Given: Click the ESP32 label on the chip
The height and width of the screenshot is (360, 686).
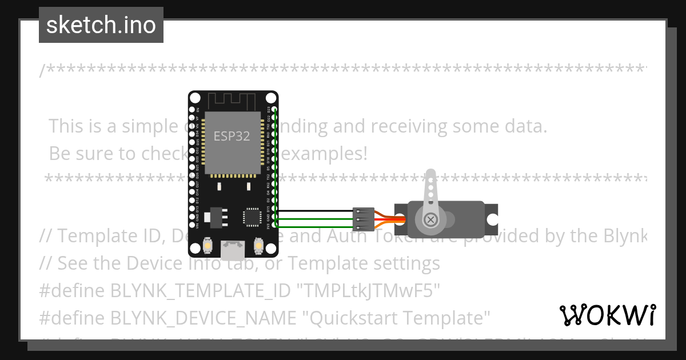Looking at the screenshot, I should coord(224,136).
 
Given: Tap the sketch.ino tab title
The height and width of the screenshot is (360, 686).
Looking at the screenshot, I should coord(101,25).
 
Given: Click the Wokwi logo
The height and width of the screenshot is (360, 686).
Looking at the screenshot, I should coord(607,315).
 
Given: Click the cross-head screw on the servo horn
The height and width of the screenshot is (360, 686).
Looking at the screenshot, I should coord(431,219).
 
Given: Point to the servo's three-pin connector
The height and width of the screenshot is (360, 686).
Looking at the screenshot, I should coord(364,219).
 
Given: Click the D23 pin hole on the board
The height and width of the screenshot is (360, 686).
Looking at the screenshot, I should coord(275,109).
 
